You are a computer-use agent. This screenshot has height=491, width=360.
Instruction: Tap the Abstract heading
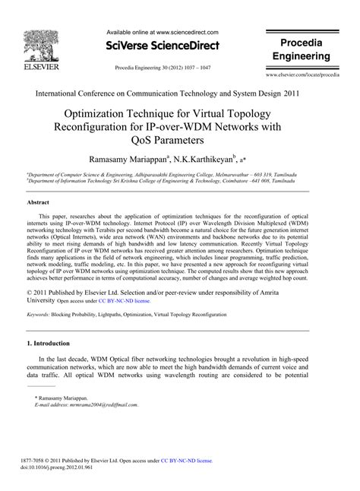(x=38, y=204)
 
